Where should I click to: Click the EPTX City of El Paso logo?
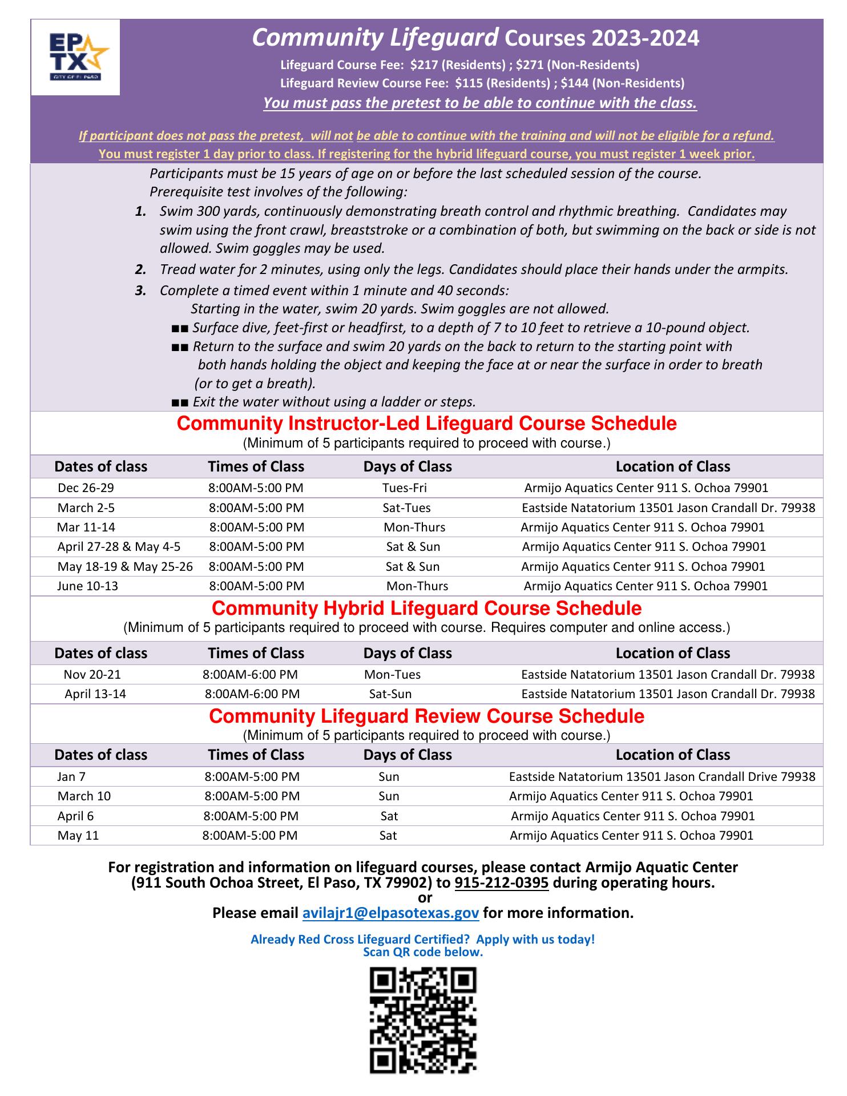point(75,57)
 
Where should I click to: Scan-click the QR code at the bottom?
point(423,1020)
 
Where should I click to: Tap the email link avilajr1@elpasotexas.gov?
point(390,913)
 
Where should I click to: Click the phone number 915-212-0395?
point(502,883)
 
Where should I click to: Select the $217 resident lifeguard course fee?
point(425,65)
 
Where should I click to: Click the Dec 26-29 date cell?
point(82,488)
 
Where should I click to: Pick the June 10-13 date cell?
point(87,586)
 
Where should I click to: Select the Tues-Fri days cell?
point(405,488)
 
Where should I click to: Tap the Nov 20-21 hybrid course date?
point(92,675)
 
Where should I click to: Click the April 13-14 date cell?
point(95,694)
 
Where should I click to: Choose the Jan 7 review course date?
point(71,777)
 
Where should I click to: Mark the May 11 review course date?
point(78,836)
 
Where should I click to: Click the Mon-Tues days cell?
point(392,675)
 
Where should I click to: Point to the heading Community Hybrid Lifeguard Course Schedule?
point(426,608)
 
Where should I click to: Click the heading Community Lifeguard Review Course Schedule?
point(426,716)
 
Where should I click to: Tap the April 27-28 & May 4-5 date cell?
point(119,547)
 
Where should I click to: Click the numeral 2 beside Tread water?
point(140,269)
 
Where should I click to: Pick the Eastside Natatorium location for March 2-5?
point(668,508)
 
